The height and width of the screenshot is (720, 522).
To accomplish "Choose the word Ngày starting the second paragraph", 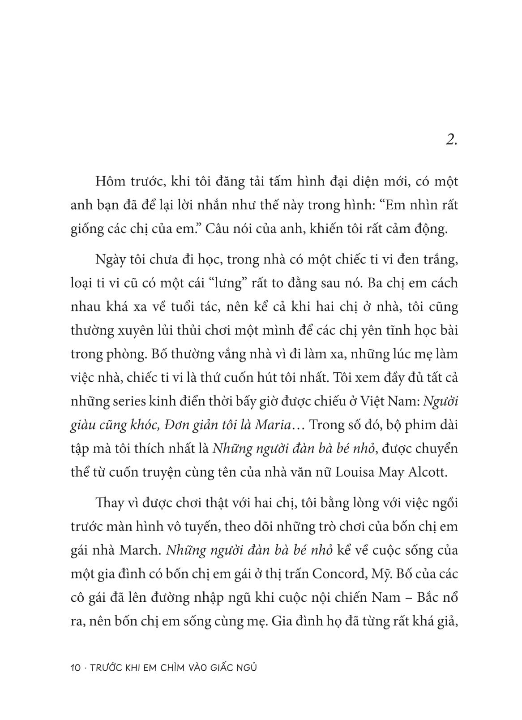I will click(110, 259).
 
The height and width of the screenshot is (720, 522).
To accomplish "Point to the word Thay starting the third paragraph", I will click(110, 503).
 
